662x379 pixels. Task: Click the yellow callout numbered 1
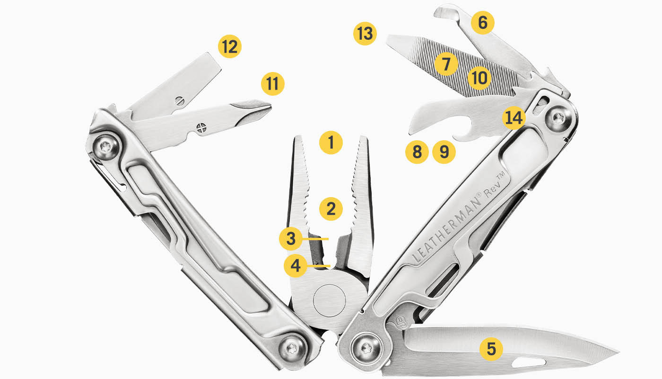(x=331, y=142)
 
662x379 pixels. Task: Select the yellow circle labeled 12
(x=230, y=46)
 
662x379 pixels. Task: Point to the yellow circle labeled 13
(x=365, y=34)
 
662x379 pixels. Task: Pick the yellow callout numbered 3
(x=291, y=239)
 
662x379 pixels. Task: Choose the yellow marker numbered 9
(x=444, y=152)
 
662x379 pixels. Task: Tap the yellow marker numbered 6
(x=482, y=23)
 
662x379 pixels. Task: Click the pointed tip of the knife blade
(x=618, y=352)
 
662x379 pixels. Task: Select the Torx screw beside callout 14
(x=559, y=118)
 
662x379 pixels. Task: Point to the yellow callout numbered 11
(x=272, y=84)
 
